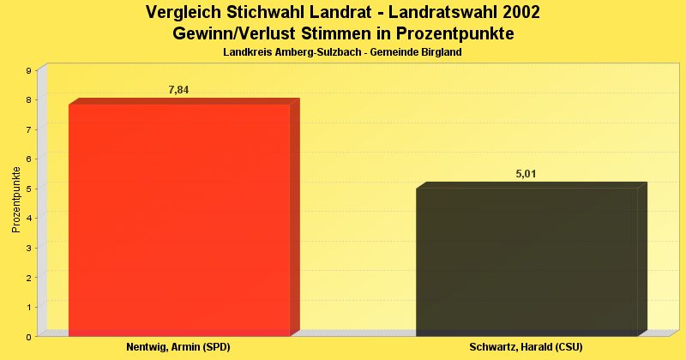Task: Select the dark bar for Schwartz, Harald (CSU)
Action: pyautogui.click(x=527, y=261)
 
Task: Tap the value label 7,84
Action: pyautogui.click(x=178, y=90)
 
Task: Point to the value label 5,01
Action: pyautogui.click(x=526, y=174)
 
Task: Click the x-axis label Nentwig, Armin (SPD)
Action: pyautogui.click(x=178, y=347)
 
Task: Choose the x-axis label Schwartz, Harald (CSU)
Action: pyautogui.click(x=526, y=347)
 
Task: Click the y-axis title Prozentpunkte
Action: pyautogui.click(x=16, y=200)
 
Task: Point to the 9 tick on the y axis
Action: pyautogui.click(x=28, y=70)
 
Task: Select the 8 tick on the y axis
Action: pyautogui.click(x=28, y=100)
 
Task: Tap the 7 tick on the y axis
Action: pyautogui.click(x=28, y=129)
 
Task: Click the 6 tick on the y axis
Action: pyautogui.click(x=28, y=159)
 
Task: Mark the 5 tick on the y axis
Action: pyautogui.click(x=28, y=189)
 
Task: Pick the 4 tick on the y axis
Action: pyautogui.click(x=28, y=219)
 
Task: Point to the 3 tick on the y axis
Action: pyautogui.click(x=28, y=248)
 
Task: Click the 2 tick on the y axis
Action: pyautogui.click(x=28, y=278)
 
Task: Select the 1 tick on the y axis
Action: pyautogui.click(x=28, y=307)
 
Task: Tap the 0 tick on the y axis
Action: pyautogui.click(x=28, y=337)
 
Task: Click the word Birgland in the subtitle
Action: pyautogui.click(x=440, y=52)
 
